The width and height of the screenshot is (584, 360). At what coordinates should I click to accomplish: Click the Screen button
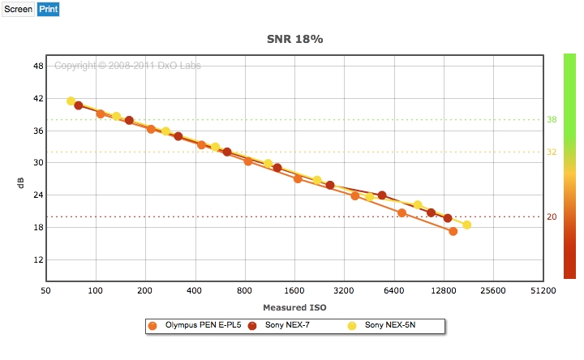click(18, 10)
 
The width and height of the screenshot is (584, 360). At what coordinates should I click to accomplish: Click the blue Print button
click(48, 10)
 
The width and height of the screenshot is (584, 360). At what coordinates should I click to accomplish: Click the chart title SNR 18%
click(296, 38)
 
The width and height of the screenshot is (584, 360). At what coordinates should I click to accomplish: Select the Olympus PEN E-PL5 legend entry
click(195, 325)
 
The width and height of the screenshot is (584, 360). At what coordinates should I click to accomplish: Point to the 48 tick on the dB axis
click(37, 66)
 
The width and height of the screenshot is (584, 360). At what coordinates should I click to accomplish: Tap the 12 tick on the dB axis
click(37, 259)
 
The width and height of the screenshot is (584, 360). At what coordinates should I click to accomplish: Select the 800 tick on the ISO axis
click(245, 289)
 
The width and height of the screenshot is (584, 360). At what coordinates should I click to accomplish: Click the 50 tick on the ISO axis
click(46, 289)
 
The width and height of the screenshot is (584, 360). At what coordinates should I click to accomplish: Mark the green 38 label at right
click(552, 120)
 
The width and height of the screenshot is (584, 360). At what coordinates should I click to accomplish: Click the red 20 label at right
click(552, 216)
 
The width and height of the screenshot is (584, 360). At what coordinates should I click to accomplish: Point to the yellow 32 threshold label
click(552, 152)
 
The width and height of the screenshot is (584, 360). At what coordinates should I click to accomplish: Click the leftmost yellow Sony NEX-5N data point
click(71, 101)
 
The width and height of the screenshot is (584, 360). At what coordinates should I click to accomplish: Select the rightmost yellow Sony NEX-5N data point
click(466, 225)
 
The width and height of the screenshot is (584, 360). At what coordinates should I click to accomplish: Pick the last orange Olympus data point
click(453, 231)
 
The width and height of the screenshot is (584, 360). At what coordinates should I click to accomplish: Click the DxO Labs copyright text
click(127, 65)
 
